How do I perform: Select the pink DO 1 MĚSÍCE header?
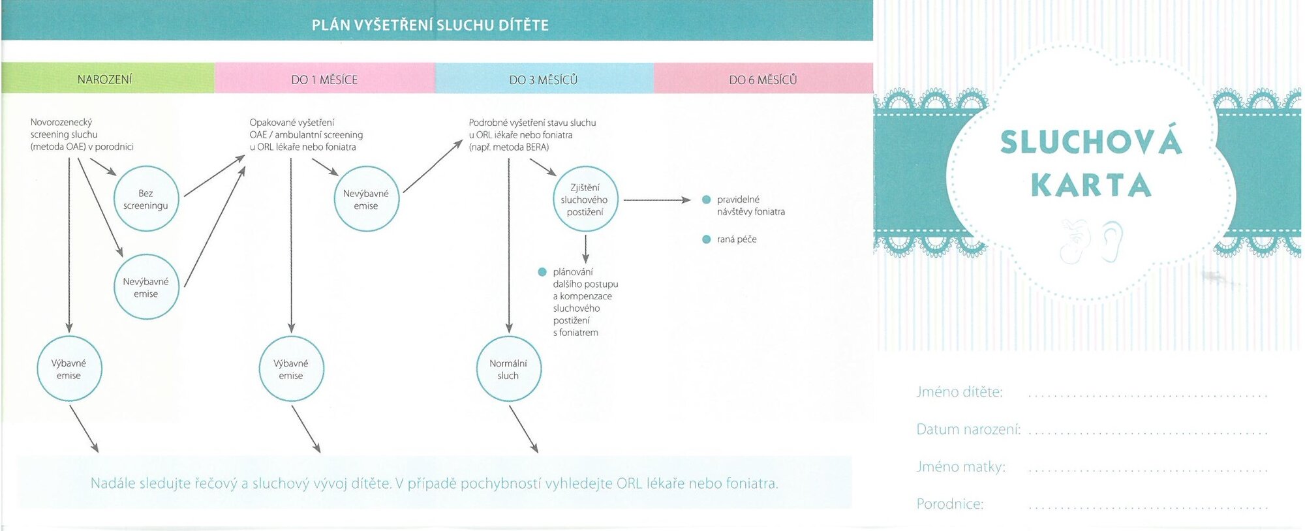click(325, 78)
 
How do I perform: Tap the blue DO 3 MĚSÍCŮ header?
click(544, 78)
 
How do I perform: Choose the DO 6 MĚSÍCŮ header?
click(763, 78)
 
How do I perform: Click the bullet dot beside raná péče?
click(706, 239)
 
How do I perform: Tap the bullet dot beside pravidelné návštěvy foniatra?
click(706, 200)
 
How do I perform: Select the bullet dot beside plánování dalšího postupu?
click(542, 272)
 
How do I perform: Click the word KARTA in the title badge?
click(1091, 185)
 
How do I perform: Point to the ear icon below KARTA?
click(1112, 241)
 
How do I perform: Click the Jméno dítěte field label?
click(959, 392)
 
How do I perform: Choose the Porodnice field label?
click(949, 504)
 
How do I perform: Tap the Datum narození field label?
click(968, 429)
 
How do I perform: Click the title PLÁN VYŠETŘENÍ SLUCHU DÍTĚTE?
click(430, 25)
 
